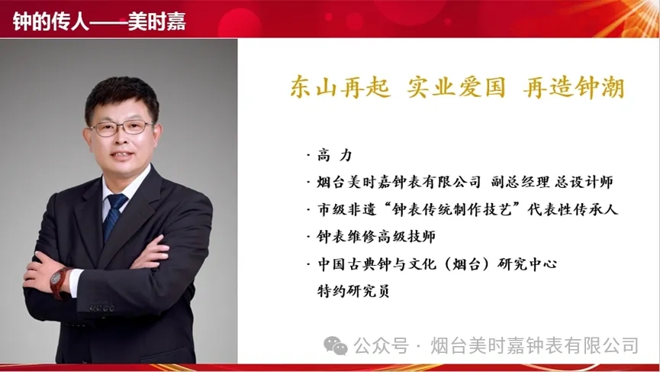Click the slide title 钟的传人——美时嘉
tap(99, 21)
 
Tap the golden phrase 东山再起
tap(340, 88)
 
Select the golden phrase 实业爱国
tap(456, 88)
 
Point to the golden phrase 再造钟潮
tap(574, 88)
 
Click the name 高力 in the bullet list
tap(335, 155)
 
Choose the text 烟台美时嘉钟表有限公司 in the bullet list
tap(398, 182)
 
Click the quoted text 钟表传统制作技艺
tap(452, 209)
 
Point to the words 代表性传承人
tap(573, 209)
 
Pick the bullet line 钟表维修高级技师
tap(376, 236)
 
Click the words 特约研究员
tap(353, 291)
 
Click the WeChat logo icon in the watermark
tap(336, 346)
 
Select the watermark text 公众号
tap(382, 346)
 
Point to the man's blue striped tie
tap(114, 216)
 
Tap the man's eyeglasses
tap(121, 128)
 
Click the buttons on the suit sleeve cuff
tap(102, 309)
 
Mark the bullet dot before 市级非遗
tap(309, 209)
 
